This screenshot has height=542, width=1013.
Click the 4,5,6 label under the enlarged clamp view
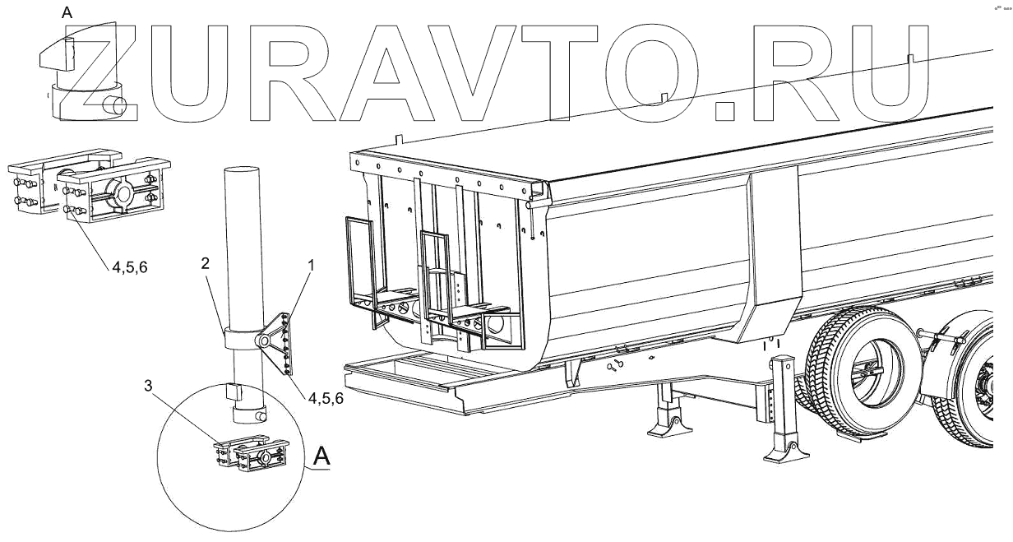127,266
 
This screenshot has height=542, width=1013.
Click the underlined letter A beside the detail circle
321,454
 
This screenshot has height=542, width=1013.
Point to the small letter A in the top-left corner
67,11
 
